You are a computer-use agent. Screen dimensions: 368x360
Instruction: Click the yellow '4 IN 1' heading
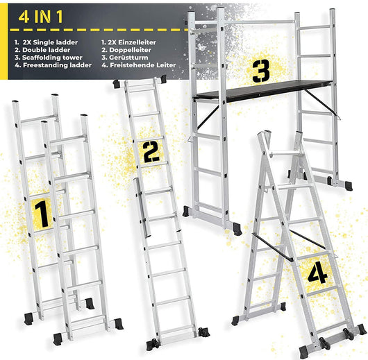pos(40,17)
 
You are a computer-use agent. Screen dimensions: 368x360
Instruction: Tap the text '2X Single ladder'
pos(50,42)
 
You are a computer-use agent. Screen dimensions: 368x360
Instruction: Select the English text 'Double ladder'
pos(47,50)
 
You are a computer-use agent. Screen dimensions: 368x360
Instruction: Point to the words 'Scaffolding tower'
pos(52,58)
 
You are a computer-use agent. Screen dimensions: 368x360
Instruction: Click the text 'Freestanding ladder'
pos(57,65)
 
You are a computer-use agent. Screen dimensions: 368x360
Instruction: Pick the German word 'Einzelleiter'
pos(137,42)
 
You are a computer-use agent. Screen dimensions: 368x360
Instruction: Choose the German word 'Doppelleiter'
pos(131,50)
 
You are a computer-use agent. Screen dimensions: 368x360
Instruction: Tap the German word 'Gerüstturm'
pos(128,58)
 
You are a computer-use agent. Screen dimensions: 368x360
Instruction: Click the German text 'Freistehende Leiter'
pos(143,65)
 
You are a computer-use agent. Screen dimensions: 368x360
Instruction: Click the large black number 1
pos(42,214)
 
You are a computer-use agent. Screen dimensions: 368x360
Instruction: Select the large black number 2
pos(151,152)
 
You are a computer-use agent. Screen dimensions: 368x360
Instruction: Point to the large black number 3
pos(261,71)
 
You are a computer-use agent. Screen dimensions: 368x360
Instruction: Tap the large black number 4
pos(317,273)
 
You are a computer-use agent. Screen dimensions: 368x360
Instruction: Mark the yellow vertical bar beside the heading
pos(3,42)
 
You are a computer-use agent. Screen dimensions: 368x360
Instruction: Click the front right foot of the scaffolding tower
pos(237,229)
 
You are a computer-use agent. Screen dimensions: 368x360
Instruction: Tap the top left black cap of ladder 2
pos(116,84)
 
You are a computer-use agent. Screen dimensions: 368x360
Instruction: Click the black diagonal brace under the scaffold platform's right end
pos(323,104)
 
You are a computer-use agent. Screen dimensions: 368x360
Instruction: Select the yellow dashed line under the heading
pos(99,30)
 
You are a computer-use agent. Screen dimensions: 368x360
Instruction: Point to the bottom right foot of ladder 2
pos(203,332)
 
